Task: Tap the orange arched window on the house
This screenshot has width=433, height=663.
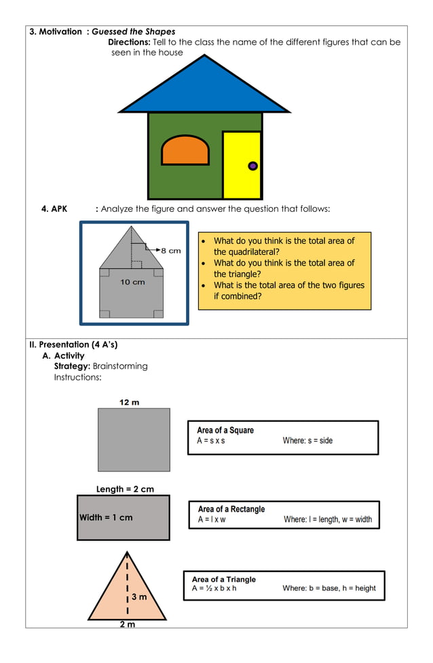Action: click(x=185, y=151)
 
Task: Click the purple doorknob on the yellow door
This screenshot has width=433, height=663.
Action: click(x=252, y=166)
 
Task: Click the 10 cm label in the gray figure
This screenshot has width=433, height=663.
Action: click(x=132, y=282)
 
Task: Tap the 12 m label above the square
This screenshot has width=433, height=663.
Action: click(x=129, y=402)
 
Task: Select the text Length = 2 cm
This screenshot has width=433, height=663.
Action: click(x=125, y=489)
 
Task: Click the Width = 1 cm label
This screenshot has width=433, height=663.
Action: click(x=106, y=518)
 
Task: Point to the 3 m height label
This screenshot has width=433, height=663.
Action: click(x=139, y=597)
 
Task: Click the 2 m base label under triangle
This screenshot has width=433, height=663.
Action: click(x=127, y=624)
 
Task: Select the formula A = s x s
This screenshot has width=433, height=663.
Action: click(x=211, y=441)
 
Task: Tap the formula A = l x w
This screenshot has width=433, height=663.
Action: click(x=212, y=520)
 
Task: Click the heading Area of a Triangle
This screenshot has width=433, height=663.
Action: click(x=223, y=579)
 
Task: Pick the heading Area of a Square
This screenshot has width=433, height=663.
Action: click(x=225, y=430)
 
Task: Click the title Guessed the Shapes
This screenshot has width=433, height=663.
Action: click(x=133, y=32)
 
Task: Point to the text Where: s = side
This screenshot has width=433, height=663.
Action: click(x=307, y=441)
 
